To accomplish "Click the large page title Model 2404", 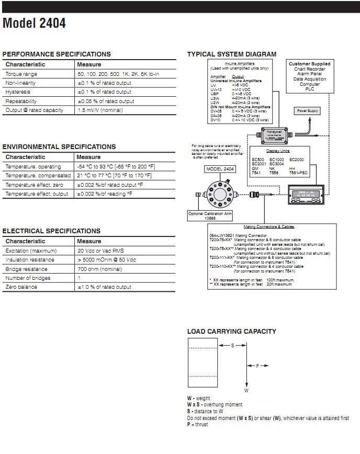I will (35, 24).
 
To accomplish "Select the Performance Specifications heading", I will (57, 54).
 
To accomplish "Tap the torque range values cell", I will (118, 74).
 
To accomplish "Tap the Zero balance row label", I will (20, 287).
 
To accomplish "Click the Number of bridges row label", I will (27, 278).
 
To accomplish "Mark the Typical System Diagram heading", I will (232, 54).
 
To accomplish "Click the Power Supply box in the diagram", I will (308, 111).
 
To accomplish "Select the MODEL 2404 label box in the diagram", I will (220, 169).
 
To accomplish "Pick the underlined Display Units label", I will (278, 150).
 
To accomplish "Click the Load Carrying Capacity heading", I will (232, 331).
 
